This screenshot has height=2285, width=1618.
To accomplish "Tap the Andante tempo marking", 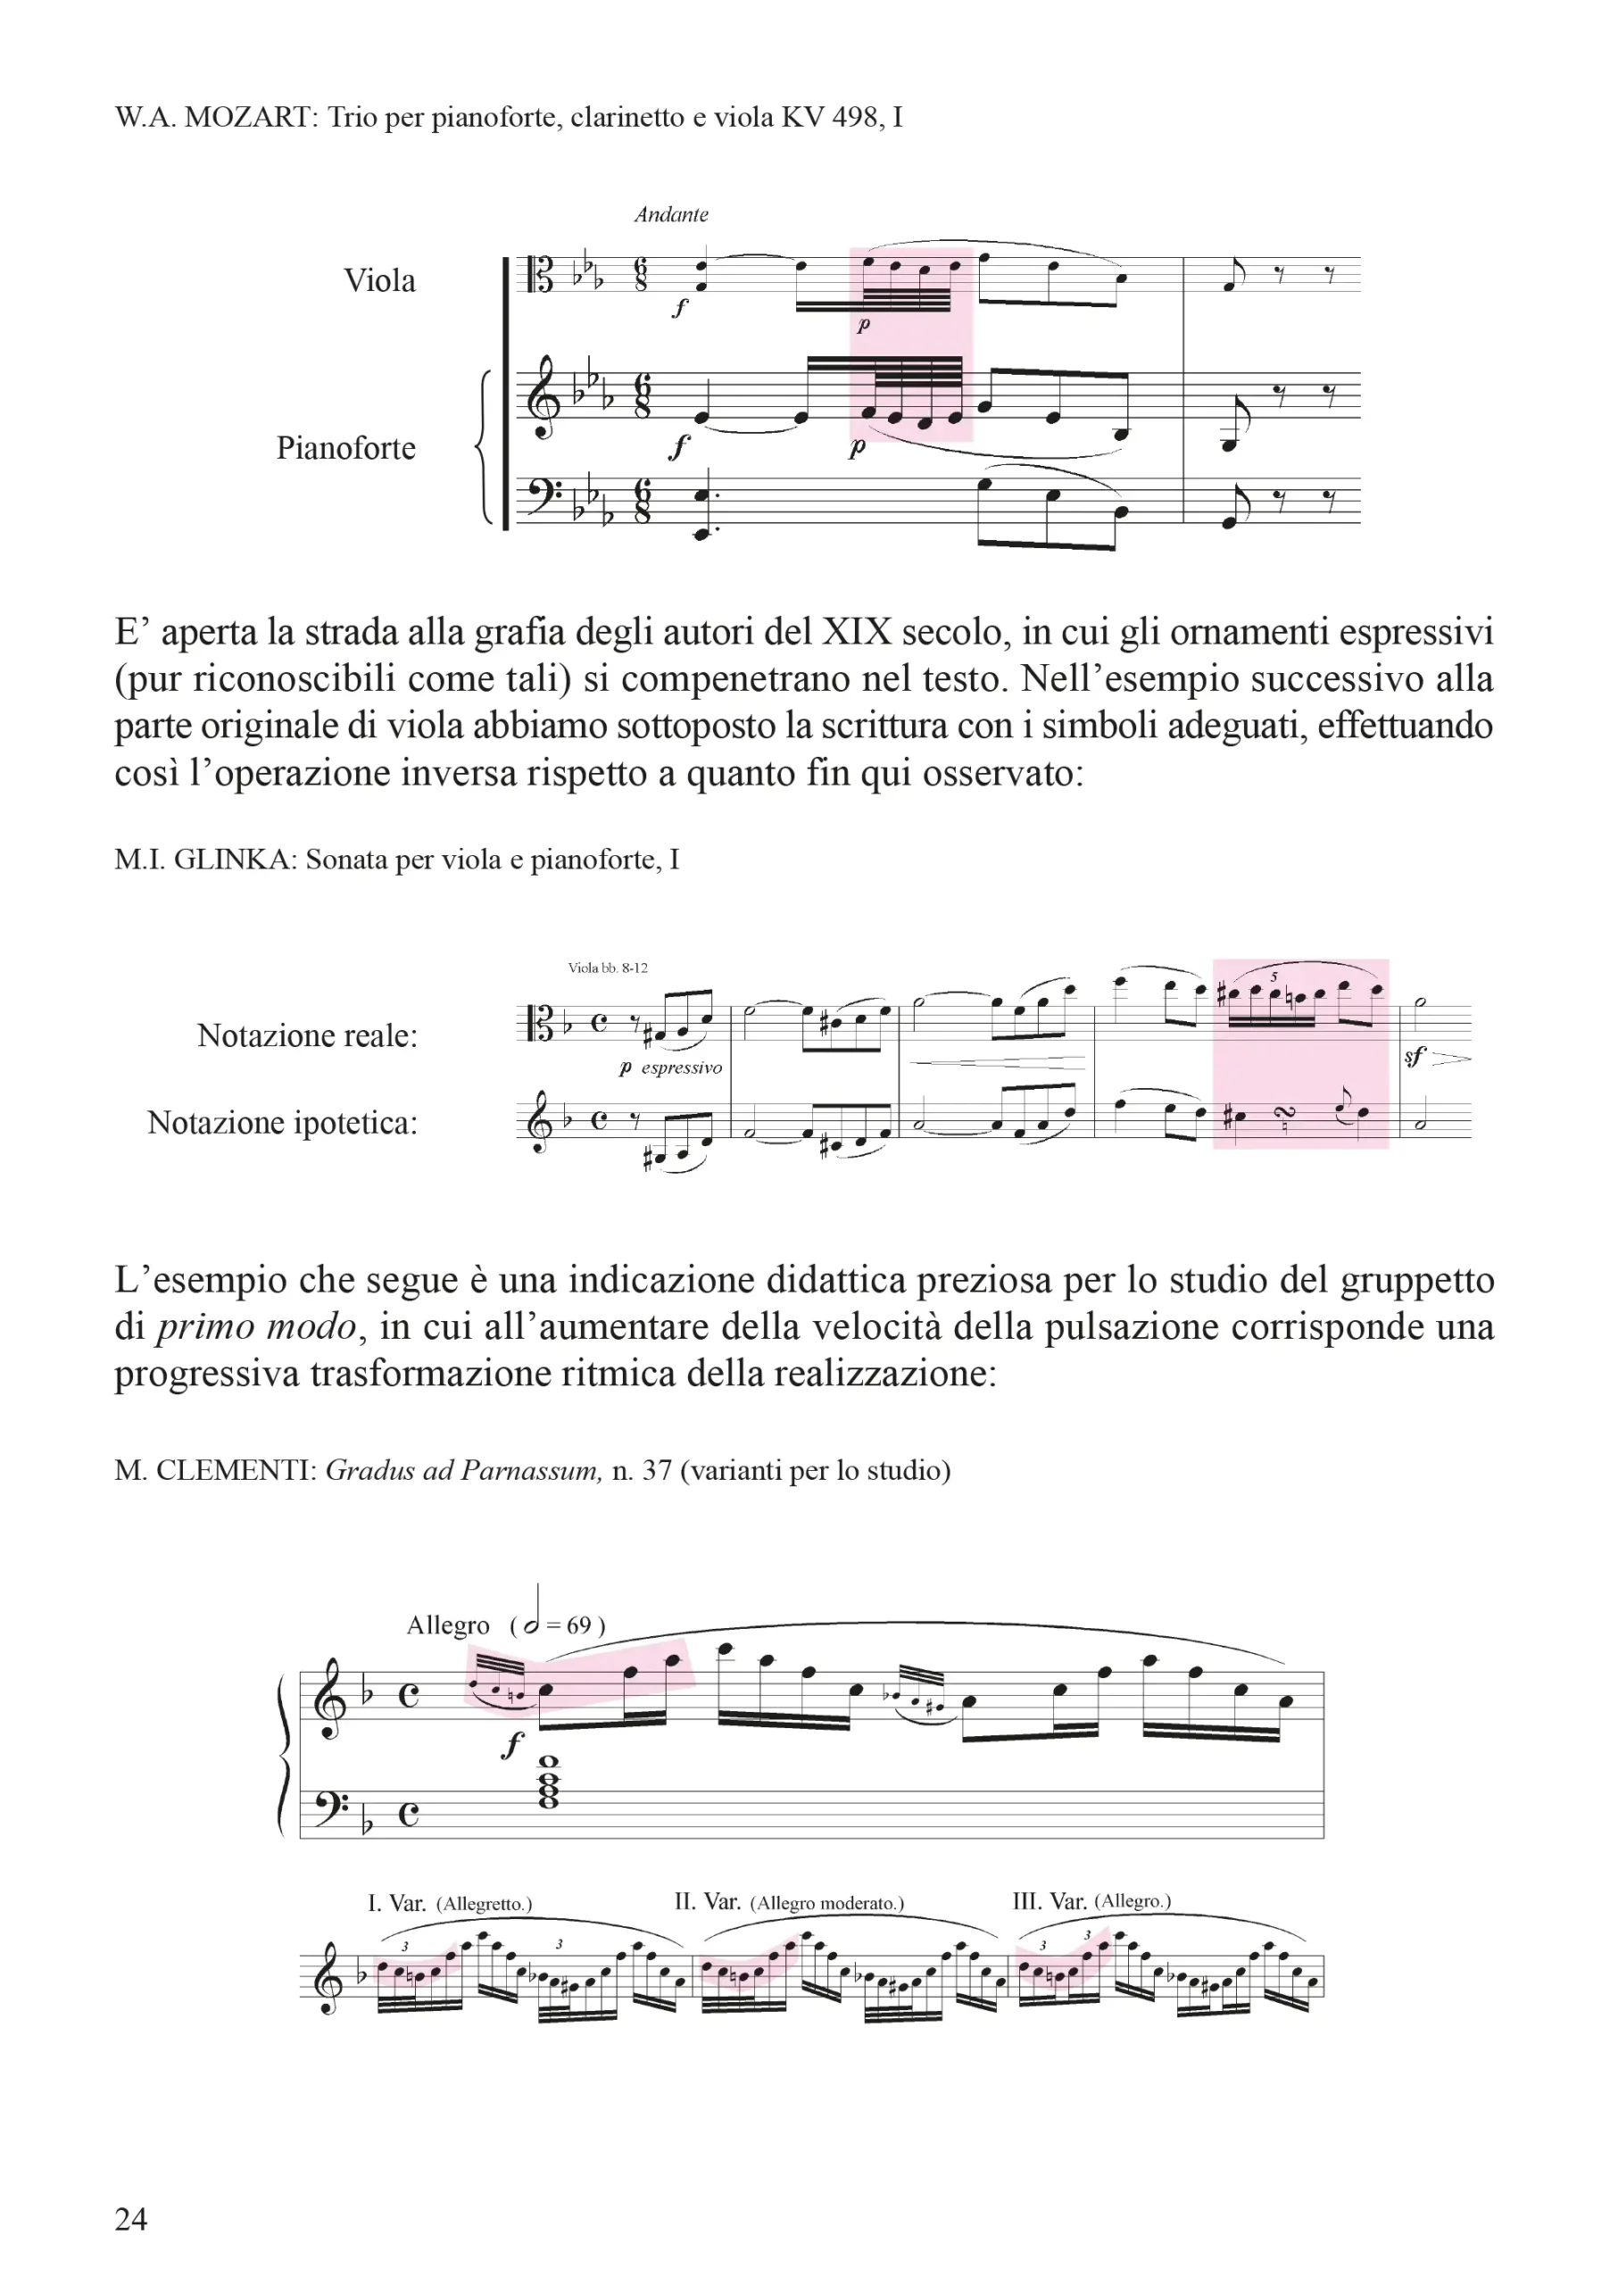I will tap(671, 214).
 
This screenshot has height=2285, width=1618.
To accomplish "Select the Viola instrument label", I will tap(379, 280).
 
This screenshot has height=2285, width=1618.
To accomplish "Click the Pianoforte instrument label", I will tap(345, 447).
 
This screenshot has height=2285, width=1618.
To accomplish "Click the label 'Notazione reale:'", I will tap(307, 1035).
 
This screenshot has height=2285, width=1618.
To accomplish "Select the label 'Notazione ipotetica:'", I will tap(282, 1123).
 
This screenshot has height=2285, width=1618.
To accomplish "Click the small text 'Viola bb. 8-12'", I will tap(608, 968).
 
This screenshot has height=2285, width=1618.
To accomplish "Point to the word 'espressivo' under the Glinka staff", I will tap(682, 1068).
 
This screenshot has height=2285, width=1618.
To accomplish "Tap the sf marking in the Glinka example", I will tap(1415, 1058).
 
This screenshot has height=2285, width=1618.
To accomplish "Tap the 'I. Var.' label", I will tap(396, 1902).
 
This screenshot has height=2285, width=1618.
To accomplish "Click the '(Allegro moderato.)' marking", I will tap(827, 1902).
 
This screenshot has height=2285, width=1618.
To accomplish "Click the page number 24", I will tap(130, 2218).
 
